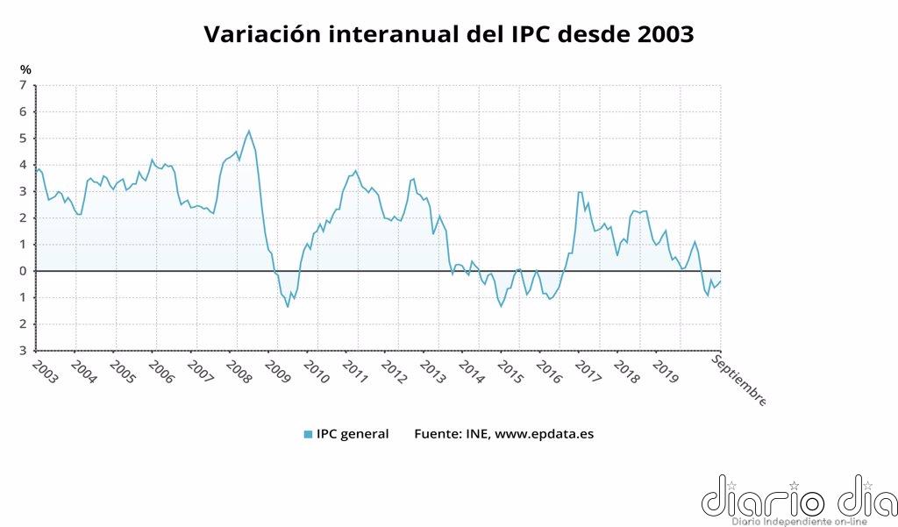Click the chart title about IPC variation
point(448,34)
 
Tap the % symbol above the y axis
point(26,69)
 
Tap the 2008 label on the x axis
point(238,371)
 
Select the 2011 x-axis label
point(353,371)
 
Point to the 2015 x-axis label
point(509,371)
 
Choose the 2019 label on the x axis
point(664,371)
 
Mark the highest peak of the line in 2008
point(249,131)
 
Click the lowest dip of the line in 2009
point(288,306)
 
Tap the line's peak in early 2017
point(580,192)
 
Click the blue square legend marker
point(308,434)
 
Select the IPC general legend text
point(353,434)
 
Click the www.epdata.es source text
point(545,434)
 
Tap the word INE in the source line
point(473,434)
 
